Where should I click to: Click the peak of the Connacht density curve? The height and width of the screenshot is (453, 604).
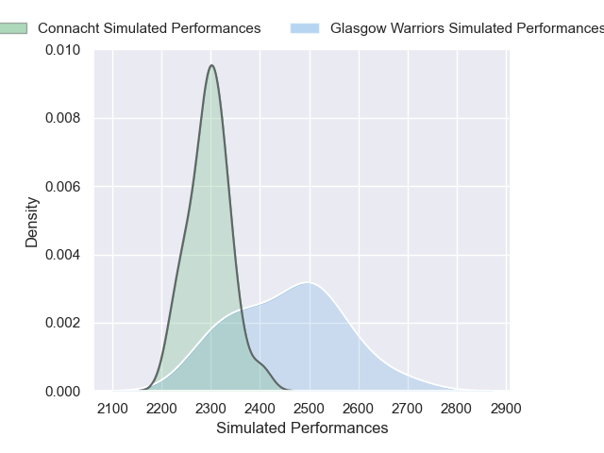click(x=212, y=65)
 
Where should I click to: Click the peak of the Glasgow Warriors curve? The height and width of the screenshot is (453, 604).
click(x=307, y=282)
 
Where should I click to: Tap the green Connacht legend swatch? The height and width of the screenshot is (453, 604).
click(x=14, y=28)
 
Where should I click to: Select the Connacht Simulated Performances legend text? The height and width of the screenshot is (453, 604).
click(x=149, y=28)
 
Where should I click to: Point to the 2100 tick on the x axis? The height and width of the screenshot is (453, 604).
click(x=113, y=408)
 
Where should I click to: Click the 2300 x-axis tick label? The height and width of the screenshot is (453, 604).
click(x=210, y=408)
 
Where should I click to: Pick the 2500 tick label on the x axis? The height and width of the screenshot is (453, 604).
click(x=310, y=408)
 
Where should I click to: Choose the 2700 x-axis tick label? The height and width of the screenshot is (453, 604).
click(x=408, y=408)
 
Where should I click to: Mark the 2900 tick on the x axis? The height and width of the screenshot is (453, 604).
click(x=506, y=408)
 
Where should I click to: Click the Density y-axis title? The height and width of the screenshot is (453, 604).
click(x=32, y=222)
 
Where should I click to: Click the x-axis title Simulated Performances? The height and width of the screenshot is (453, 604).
click(x=302, y=428)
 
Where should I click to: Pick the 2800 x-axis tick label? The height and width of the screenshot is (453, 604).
click(x=457, y=408)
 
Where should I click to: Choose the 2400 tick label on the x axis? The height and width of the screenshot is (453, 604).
click(x=260, y=408)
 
